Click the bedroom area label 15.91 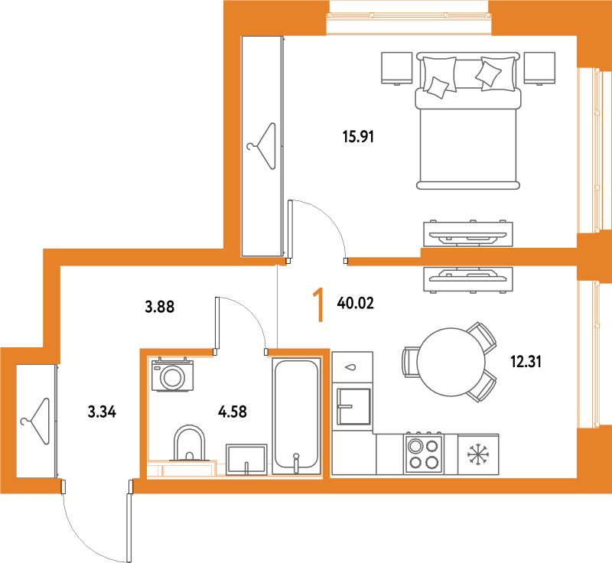(x=358, y=137)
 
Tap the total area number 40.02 (x=355, y=303)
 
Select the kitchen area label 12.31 (x=526, y=362)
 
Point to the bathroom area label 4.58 (x=233, y=412)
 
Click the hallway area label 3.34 (x=102, y=412)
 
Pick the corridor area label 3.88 (x=160, y=307)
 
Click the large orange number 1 (x=320, y=304)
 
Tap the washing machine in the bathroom (x=173, y=374)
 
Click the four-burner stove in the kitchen (x=424, y=453)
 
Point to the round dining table (x=451, y=362)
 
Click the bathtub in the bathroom (x=296, y=416)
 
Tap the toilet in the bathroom (x=189, y=443)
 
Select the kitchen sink (x=353, y=406)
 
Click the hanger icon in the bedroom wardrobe (x=262, y=146)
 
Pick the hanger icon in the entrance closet (x=35, y=421)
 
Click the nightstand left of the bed (x=396, y=68)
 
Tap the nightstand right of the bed (x=540, y=68)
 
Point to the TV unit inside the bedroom (x=468, y=234)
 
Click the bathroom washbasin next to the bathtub (x=246, y=459)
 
